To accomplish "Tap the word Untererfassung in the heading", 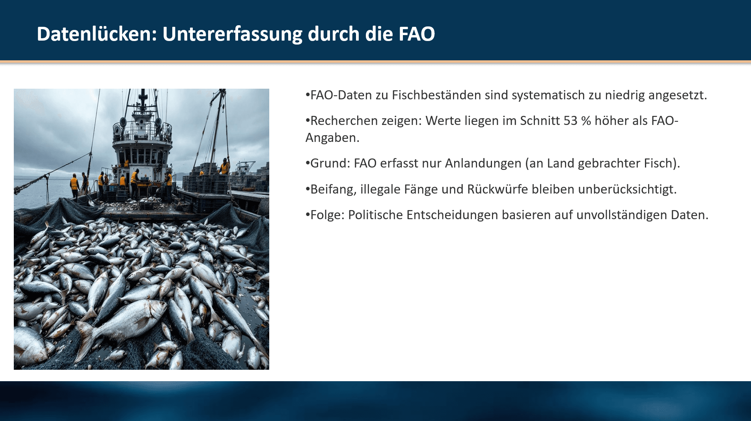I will pyautogui.click(x=232, y=34).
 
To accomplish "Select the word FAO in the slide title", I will pyautogui.click(x=416, y=34).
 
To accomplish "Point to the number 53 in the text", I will pyautogui.click(x=570, y=121).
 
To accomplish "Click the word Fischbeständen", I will pyautogui.click(x=436, y=95).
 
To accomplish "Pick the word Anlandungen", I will pyautogui.click(x=483, y=163).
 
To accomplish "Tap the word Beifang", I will pyautogui.click(x=332, y=190).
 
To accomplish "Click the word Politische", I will pyautogui.click(x=375, y=215).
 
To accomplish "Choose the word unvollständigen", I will pyautogui.click(x=622, y=215).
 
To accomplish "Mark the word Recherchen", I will pyautogui.click(x=344, y=121).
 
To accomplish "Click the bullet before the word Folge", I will pyautogui.click(x=307, y=215).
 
